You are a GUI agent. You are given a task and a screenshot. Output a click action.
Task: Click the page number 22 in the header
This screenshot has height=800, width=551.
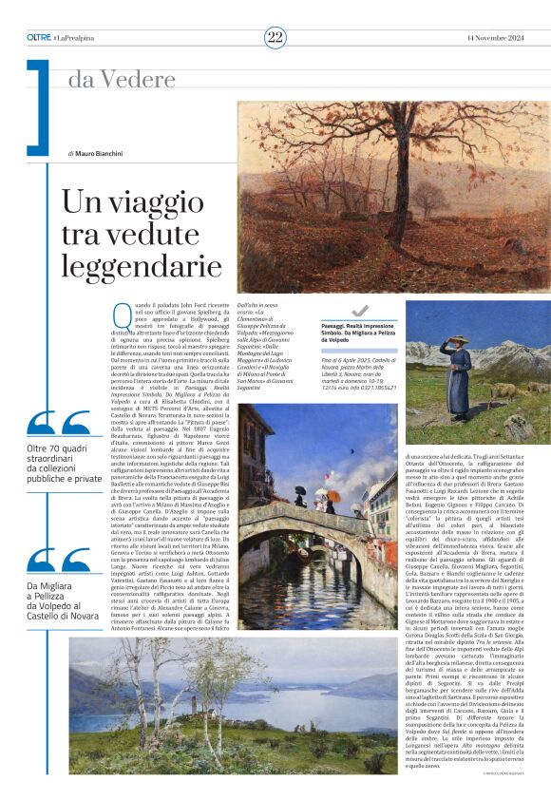click(x=275, y=37)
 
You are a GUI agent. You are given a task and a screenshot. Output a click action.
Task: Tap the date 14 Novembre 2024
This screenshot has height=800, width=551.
click(x=495, y=37)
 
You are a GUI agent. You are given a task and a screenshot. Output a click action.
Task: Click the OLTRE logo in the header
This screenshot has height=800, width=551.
click(x=39, y=37)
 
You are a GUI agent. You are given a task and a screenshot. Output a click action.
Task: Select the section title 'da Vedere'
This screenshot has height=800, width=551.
click(x=113, y=79)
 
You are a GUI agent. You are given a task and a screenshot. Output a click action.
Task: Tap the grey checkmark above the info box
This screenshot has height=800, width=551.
click(x=359, y=310)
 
